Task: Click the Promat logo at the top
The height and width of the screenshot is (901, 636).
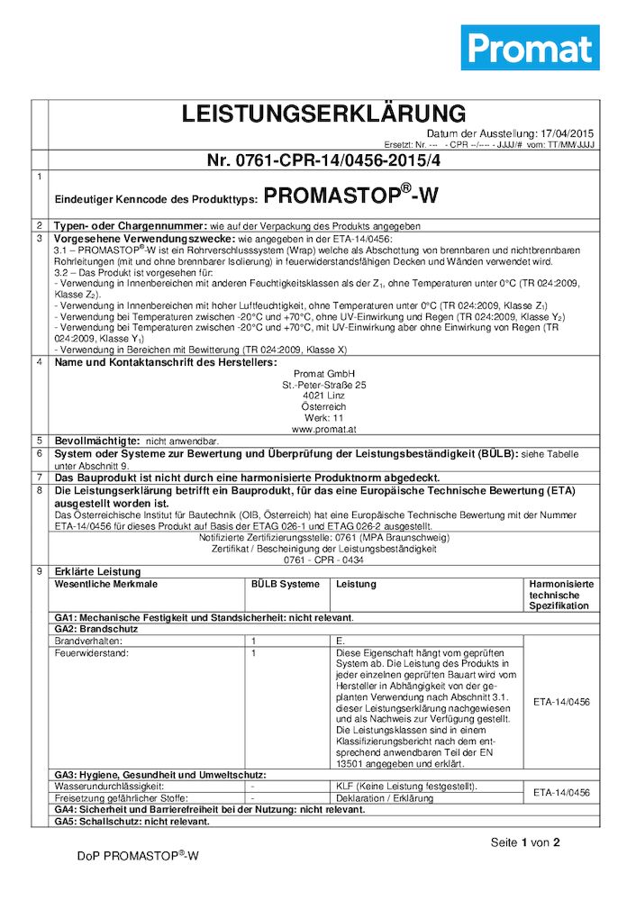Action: click(x=531, y=48)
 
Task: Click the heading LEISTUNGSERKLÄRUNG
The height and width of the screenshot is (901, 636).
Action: click(x=323, y=114)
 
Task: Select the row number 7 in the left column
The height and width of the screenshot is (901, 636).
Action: click(x=40, y=477)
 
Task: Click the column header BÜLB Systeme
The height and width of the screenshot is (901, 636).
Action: click(x=285, y=584)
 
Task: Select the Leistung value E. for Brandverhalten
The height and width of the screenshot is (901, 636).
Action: click(x=341, y=639)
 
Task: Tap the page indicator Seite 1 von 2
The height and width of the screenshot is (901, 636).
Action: click(x=525, y=842)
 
